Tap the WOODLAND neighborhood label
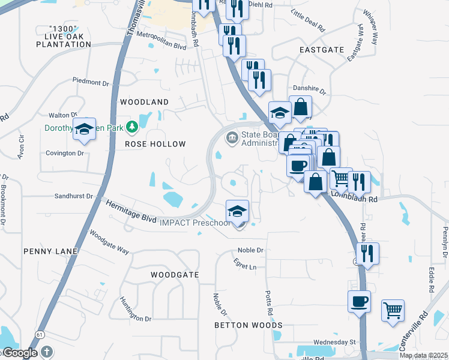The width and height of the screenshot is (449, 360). tap(145, 102)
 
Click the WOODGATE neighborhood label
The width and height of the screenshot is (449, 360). tap(174, 274)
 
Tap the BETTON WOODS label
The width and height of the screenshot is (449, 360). tap(249, 325)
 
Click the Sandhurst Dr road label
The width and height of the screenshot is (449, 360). tap(74, 196)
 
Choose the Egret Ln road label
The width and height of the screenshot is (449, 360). tap(245, 266)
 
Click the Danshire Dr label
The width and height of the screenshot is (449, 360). tap(309, 92)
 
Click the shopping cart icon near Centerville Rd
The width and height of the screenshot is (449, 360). tap(393, 310)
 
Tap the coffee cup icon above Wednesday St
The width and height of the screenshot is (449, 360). tap(360, 301)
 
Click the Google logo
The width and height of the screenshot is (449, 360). tap(20, 353)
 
